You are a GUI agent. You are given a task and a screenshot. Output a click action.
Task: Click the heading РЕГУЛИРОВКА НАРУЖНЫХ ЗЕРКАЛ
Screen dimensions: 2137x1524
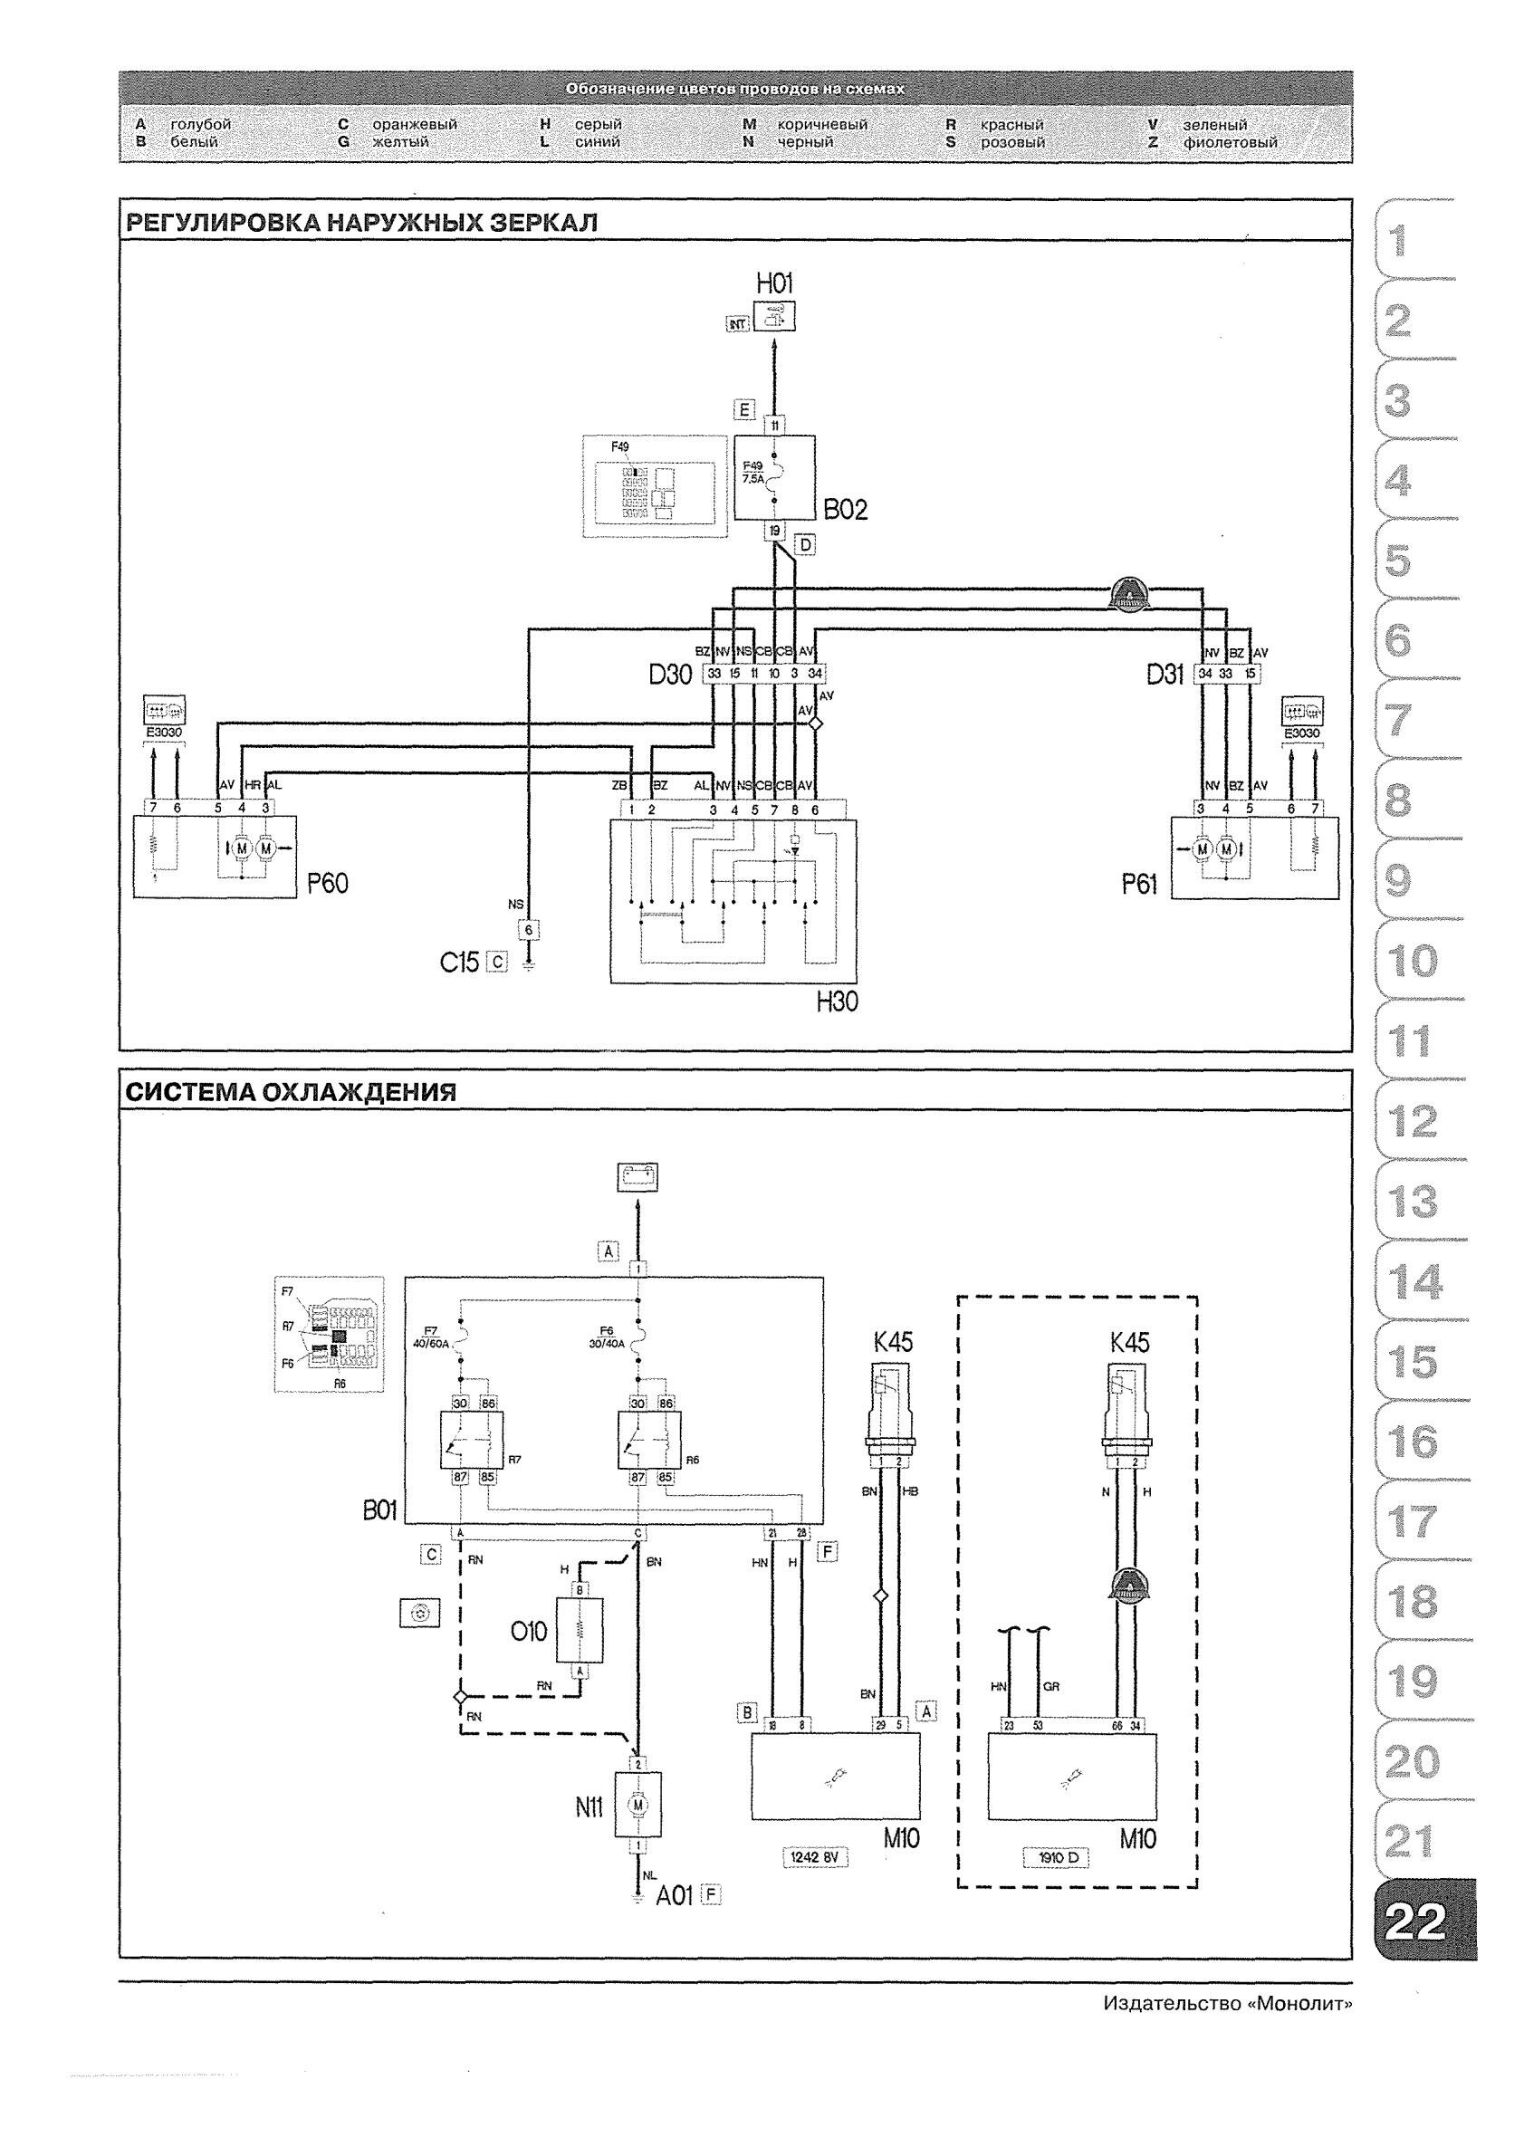point(361,223)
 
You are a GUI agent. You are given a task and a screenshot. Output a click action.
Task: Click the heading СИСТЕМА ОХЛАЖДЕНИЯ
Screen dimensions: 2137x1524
point(291,1092)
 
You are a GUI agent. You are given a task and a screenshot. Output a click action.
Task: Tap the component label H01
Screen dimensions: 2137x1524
point(774,283)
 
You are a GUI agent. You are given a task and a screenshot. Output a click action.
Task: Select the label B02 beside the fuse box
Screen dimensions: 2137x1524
point(846,510)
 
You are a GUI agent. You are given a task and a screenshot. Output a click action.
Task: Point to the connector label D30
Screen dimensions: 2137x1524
point(670,674)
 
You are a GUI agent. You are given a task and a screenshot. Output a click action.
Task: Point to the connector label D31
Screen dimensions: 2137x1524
point(1165,674)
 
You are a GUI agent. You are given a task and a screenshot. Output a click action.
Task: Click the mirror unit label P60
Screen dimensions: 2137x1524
point(328,883)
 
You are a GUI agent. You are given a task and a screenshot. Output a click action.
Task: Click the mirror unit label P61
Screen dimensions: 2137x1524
point(1138,884)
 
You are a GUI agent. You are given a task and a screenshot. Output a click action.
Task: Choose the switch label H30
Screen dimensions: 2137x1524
point(836,1002)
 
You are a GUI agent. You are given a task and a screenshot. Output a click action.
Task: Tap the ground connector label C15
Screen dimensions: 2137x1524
point(460,962)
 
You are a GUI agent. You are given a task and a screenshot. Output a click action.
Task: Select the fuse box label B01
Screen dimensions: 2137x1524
point(380,1510)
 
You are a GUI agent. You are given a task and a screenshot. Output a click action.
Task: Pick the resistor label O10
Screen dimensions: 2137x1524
point(528,1631)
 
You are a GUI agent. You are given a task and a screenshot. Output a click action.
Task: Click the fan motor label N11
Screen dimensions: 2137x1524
point(589,1806)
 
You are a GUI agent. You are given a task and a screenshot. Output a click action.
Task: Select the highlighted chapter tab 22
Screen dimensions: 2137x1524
point(1415,1921)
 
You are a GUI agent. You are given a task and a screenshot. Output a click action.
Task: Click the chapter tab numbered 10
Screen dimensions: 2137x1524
point(1411,962)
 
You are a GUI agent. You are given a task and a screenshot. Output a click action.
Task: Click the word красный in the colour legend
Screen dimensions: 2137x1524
point(1011,125)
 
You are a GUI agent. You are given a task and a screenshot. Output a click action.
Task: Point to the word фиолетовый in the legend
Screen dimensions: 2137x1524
point(1230,143)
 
